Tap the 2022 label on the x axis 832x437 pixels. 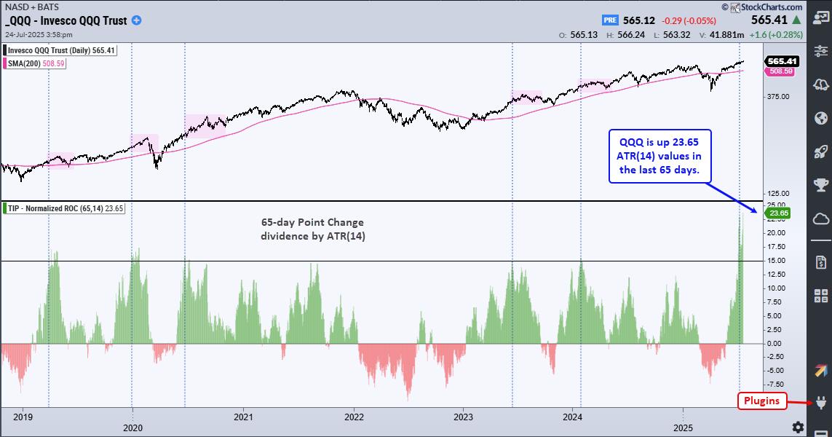pos(354,417)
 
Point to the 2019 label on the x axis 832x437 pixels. pos(23,417)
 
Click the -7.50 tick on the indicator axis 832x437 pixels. pos(775,384)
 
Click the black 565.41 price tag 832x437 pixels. pos(780,61)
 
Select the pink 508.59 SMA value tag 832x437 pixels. pos(778,71)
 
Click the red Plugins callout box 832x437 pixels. pos(762,400)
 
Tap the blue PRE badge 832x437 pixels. pos(611,20)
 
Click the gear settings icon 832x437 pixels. pos(798,426)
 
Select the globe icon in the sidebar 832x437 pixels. pos(821,118)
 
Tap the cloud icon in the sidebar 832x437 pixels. pos(821,219)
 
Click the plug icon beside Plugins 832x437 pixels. pos(821,403)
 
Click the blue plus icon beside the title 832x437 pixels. pos(136,20)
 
